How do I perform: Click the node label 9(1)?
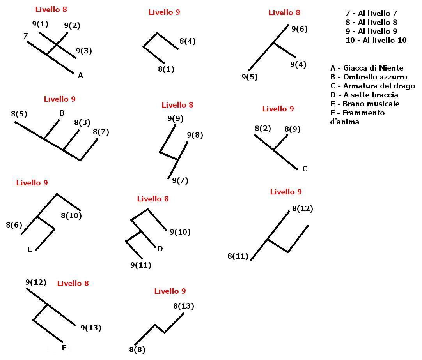click(40, 24)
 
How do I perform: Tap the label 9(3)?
click(84, 51)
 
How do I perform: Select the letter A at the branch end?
click(80, 76)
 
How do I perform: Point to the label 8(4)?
click(188, 41)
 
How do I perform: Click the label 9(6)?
click(300, 29)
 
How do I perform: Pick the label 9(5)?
click(250, 77)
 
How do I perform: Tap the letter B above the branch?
click(62, 113)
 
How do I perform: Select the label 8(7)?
click(101, 132)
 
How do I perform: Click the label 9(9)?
click(176, 118)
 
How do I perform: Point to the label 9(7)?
click(180, 180)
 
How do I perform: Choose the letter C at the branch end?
click(305, 169)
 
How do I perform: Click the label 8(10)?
click(71, 215)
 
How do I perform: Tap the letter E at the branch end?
click(30, 249)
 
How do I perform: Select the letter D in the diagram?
click(160, 249)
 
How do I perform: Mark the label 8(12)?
click(303, 208)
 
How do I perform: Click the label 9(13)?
click(91, 328)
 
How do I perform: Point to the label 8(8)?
click(137, 350)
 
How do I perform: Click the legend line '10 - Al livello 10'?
click(376, 41)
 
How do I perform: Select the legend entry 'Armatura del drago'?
click(379, 86)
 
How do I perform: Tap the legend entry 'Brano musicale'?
click(371, 104)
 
